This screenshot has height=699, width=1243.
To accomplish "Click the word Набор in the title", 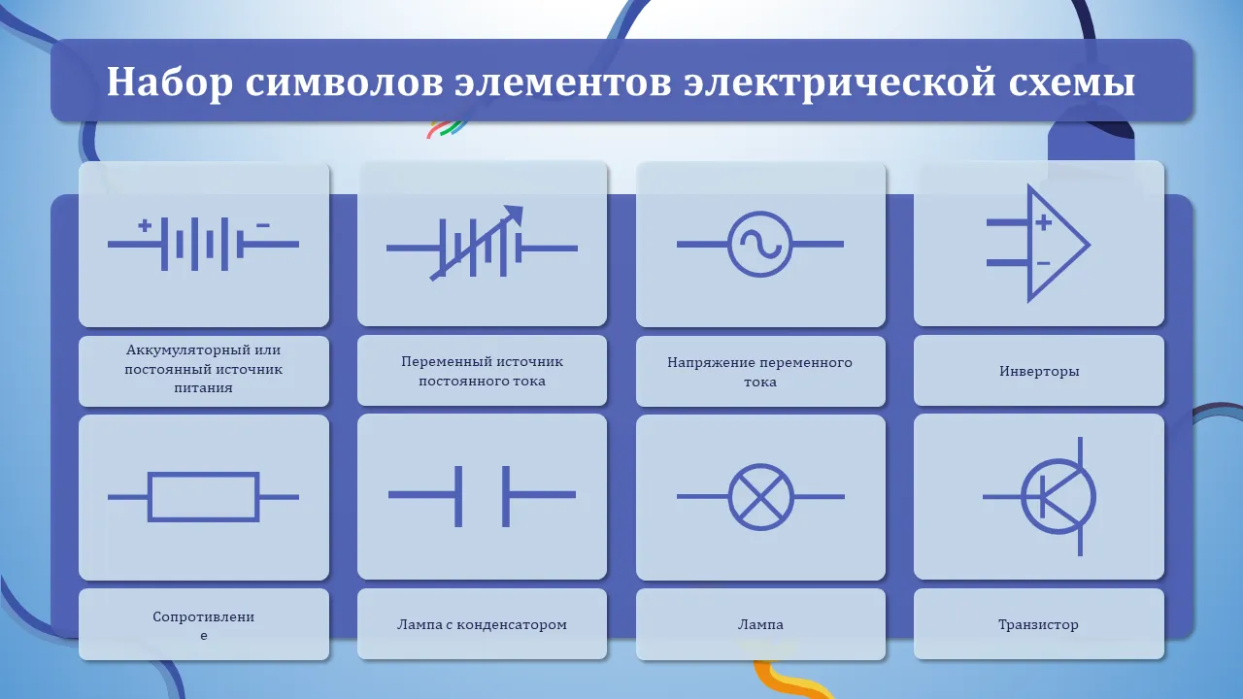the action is coord(170,83).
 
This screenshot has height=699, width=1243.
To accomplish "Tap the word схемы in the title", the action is coord(1072,83).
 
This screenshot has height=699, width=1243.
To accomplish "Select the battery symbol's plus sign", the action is coord(145,226).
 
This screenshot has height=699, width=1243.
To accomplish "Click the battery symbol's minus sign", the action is coord(263,226).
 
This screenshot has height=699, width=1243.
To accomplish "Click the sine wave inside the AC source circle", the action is coord(759,244).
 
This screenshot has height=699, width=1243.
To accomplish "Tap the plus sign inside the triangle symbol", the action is coord(1043,222).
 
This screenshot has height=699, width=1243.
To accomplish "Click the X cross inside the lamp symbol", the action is coord(760,497).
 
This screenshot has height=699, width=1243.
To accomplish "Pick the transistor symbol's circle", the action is coord(1022,497).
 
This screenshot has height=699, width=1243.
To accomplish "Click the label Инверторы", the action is coord(1039,371).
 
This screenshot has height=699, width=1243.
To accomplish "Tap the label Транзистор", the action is coord(1038,624).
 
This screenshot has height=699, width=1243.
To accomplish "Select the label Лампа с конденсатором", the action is coord(482,624).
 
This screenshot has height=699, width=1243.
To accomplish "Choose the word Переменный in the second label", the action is coord(445,362).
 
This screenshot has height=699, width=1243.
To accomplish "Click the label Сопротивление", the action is coord(204,626).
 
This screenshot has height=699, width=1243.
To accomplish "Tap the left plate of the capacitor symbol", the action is coord(458,496).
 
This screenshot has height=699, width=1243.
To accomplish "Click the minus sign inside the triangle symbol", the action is coord(1043,263).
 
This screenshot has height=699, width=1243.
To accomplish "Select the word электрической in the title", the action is coord(840,83).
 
